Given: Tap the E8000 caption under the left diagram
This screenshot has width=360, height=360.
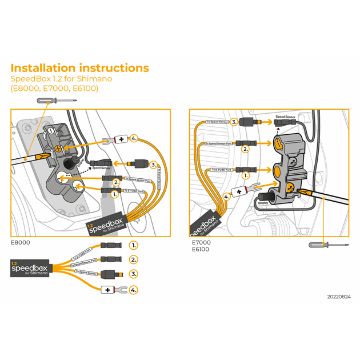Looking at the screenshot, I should point(21,242).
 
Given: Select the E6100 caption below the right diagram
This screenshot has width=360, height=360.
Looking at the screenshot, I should point(201,249).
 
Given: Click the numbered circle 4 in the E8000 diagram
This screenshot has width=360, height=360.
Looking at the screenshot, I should point(134,139).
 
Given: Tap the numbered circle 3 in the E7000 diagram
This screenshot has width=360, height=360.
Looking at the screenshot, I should point(234,122).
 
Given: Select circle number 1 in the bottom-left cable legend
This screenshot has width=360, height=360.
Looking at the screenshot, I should point(134,245).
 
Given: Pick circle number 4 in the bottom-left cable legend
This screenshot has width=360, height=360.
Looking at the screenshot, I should point(134,290).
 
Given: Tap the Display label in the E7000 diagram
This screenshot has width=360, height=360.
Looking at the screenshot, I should point(263,202).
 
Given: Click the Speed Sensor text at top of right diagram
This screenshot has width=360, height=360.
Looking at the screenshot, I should point(286,117).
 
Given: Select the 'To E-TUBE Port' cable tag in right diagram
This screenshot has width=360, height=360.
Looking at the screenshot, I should point(221,170).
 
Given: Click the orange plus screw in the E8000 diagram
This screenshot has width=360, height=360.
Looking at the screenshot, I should point(59,149).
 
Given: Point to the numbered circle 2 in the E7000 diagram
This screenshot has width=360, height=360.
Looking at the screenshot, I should point(246,149).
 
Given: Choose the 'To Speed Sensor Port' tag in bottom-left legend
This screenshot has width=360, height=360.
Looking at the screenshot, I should point(83,263).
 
